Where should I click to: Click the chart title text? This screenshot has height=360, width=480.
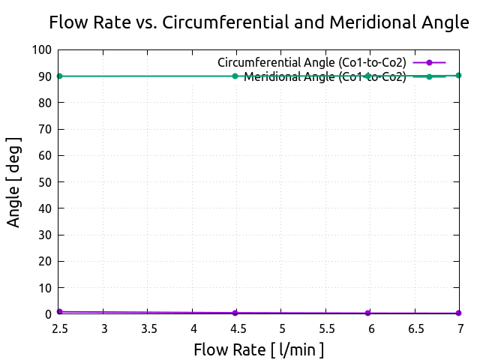[259, 22]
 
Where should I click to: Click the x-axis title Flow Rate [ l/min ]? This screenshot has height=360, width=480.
[259, 349]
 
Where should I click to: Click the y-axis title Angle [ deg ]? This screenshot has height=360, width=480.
[14, 181]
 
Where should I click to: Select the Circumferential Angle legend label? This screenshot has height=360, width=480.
[311, 62]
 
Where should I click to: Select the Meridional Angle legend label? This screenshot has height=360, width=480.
[325, 76]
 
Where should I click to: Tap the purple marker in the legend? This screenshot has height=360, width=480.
[429, 62]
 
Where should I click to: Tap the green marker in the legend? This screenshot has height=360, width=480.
[429, 76]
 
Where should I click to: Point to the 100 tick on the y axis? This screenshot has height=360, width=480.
[42, 50]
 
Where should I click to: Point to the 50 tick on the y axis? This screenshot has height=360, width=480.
[45, 182]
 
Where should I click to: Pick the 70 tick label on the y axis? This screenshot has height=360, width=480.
[45, 129]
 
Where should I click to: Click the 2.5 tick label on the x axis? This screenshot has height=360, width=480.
[59, 328]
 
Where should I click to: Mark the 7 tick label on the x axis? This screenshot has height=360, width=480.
[460, 328]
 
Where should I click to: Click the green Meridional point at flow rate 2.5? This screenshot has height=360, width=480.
[59, 76]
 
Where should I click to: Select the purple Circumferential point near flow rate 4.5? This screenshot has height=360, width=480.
[235, 313]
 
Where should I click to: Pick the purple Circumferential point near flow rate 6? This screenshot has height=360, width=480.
[367, 313]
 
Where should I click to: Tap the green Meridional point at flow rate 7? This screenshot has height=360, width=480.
[458, 75]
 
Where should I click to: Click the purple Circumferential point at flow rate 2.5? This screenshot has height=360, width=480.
[59, 311]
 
